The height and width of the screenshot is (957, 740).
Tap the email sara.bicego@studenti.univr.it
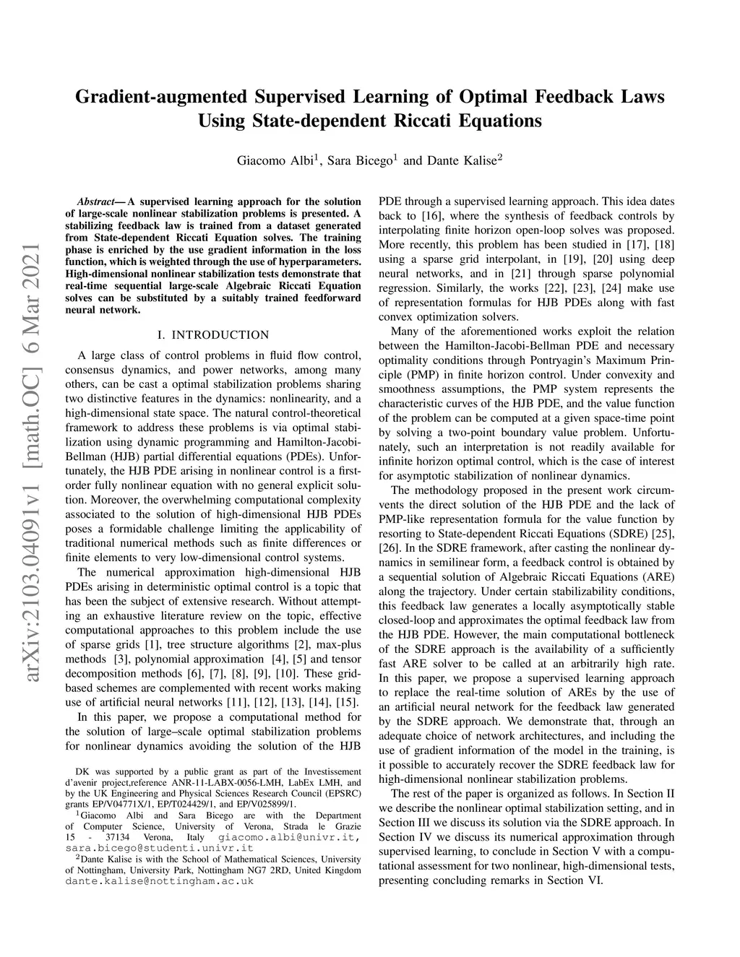point(159,847)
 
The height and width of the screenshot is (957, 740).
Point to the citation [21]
point(533,274)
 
